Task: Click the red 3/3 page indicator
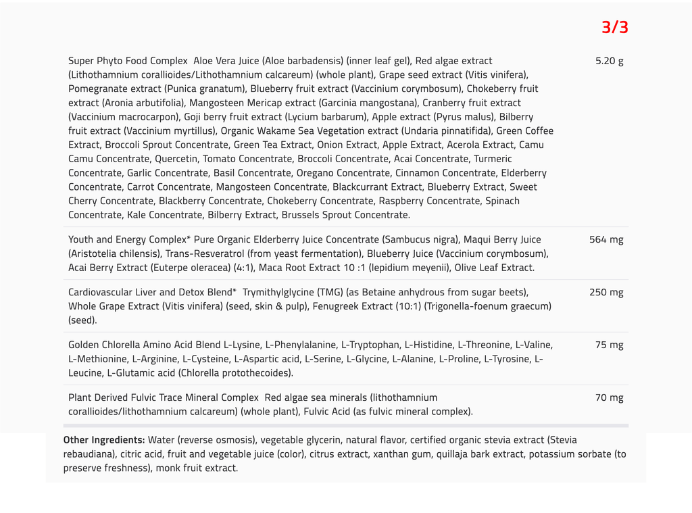click(x=615, y=28)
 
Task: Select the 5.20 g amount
click(x=609, y=61)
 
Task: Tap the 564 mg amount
click(x=606, y=239)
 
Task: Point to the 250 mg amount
click(x=606, y=292)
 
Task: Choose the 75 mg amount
click(x=609, y=345)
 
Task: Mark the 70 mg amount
click(x=609, y=397)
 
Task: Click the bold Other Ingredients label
click(x=104, y=440)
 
